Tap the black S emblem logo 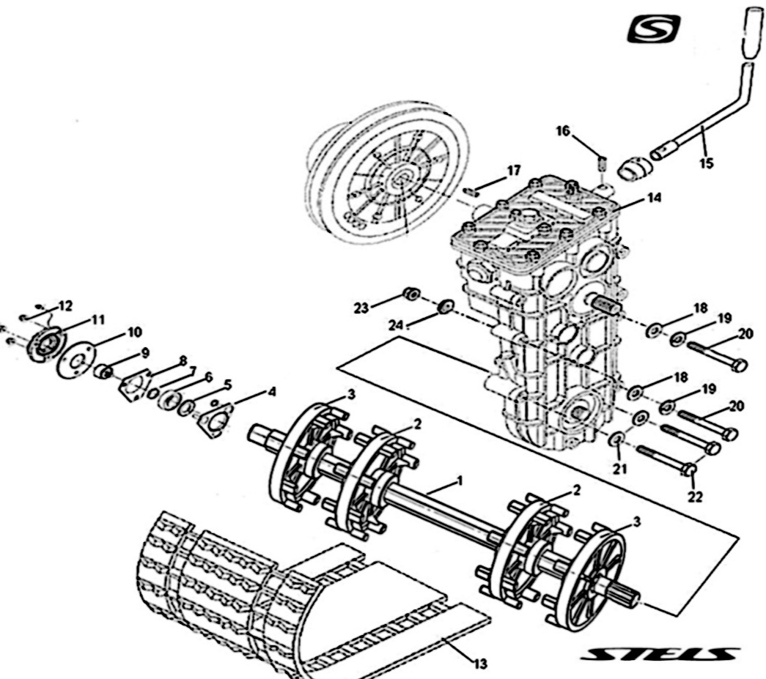click(x=654, y=30)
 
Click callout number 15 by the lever click(x=705, y=163)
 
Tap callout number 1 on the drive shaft click(x=460, y=481)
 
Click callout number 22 click(x=694, y=497)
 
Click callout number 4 click(x=271, y=391)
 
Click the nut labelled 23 click(x=411, y=294)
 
